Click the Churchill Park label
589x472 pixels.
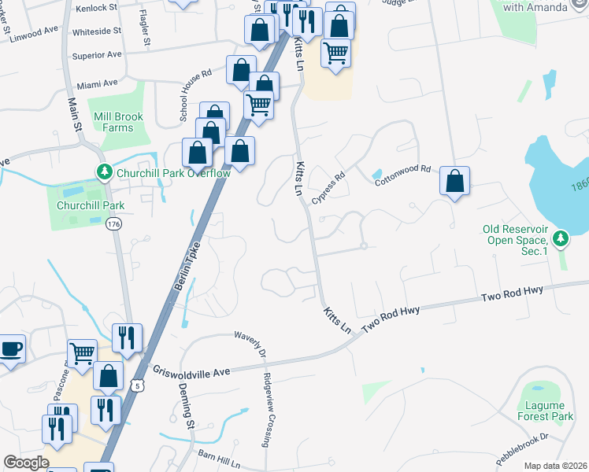point(80,205)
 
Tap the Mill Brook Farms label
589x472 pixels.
point(118,122)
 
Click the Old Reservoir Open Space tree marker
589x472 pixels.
point(560,236)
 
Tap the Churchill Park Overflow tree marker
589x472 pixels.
point(103,171)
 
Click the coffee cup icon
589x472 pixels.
point(11,349)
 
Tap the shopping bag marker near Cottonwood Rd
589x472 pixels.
point(454,182)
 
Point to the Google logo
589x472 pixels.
point(26,463)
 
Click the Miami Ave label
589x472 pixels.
point(97,82)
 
